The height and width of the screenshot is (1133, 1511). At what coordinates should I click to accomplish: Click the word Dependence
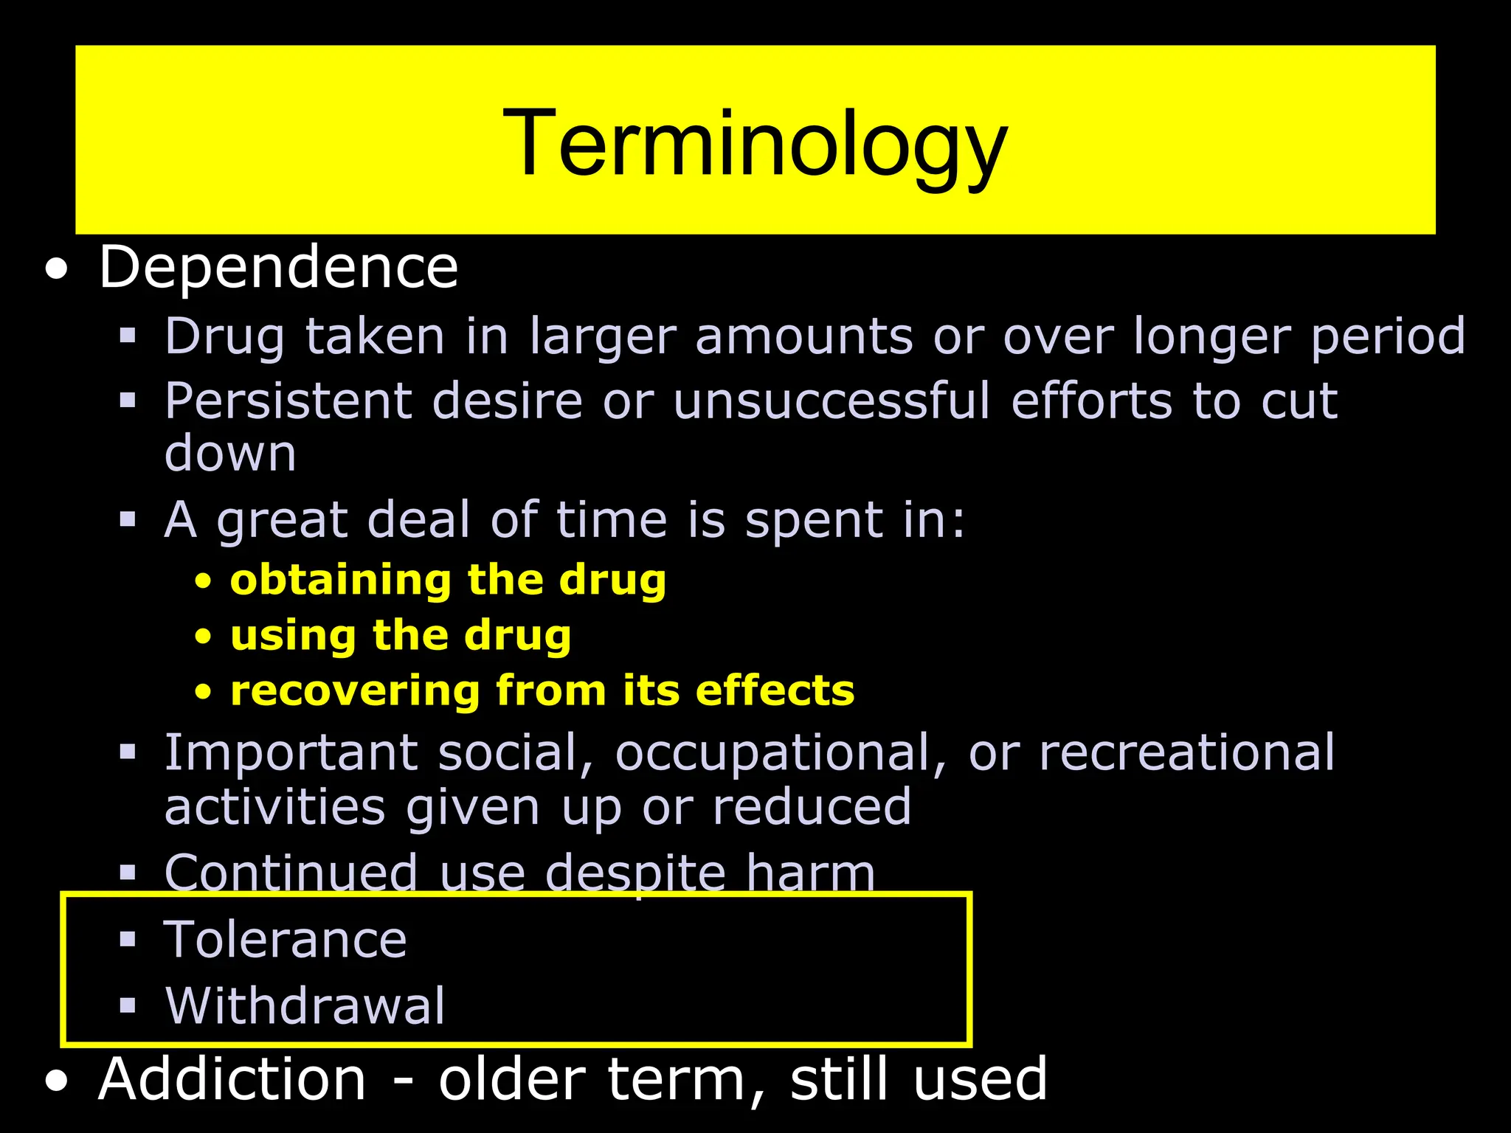(278, 267)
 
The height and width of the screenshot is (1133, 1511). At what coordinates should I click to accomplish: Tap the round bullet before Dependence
(56, 270)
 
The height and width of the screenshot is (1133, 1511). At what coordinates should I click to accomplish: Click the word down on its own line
(230, 453)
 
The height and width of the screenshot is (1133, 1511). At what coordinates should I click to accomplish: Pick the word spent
(813, 521)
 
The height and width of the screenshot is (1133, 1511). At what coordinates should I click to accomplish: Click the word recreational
(1186, 754)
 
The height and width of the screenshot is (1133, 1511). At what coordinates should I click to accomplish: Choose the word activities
(274, 808)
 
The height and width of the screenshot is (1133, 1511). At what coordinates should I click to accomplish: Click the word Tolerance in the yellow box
(286, 940)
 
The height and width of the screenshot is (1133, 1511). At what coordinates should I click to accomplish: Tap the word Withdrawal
(305, 1005)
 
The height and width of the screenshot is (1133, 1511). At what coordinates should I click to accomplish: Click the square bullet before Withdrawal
(128, 1005)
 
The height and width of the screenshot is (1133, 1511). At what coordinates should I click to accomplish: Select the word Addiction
(232, 1079)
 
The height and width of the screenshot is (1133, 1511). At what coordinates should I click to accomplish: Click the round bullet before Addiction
(56, 1081)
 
